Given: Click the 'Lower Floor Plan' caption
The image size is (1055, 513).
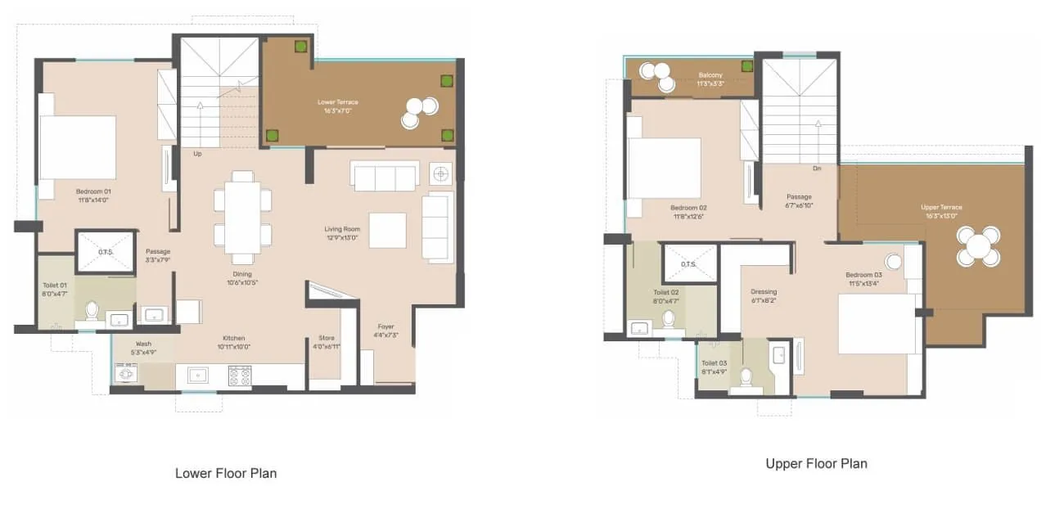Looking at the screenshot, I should coord(226,473).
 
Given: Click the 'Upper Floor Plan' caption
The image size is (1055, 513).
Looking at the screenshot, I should coord(816,463).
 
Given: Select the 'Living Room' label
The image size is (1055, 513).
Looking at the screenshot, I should coord(342,229).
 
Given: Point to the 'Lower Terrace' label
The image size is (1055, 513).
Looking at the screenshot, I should coord(338,102).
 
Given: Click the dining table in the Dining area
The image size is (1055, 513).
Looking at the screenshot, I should coord(242,218).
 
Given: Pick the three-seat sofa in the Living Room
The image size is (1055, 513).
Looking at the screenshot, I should coord(384,176).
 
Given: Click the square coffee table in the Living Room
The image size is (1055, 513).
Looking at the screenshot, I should coord(387,230).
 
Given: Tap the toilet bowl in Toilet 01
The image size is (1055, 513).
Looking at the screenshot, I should coord(92,312).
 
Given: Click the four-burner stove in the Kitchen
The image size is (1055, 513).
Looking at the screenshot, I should coord(239,376).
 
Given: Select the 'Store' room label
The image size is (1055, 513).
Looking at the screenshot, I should coord(327,338).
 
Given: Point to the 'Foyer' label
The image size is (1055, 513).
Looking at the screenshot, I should coord(385,327).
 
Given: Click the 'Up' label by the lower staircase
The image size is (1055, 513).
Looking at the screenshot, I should coord(197,153).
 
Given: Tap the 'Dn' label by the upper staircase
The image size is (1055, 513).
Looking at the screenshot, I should coord(816,169).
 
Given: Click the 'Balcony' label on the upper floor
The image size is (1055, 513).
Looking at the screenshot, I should coord(710,75).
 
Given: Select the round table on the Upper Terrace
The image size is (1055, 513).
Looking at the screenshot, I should coord(978,245).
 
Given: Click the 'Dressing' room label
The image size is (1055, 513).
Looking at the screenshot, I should coord(764,292).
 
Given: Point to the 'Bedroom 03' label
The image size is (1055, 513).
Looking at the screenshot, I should coord(864,275).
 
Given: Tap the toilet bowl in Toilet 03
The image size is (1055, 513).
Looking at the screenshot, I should coord(745,376).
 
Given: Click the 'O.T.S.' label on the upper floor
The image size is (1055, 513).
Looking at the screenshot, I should coord(688,263).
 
